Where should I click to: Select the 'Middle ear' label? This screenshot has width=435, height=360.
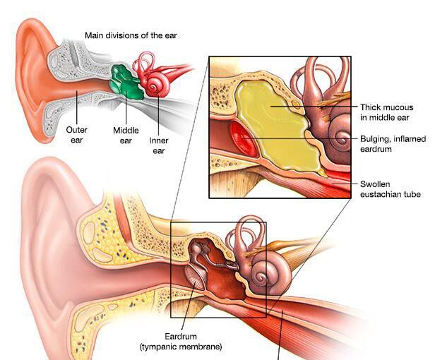click(126, 135)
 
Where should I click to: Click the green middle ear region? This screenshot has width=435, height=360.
click(126, 80)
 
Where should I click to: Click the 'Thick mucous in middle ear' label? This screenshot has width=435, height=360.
click(385, 112)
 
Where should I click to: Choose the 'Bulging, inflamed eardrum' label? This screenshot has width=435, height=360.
click(393, 143)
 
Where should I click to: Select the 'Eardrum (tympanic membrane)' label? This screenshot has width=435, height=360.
click(180, 341)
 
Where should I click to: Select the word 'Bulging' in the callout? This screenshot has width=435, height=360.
click(375, 139)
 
